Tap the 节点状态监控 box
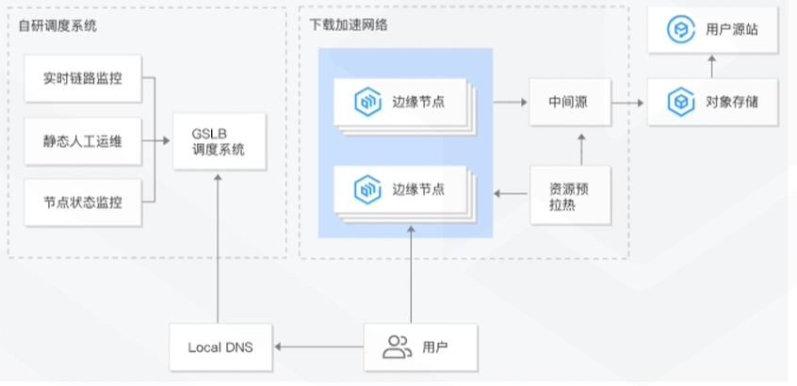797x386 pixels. [x=83, y=201]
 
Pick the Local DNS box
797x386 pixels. [x=218, y=347]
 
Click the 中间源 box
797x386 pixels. [x=569, y=101]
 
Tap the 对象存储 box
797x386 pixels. [x=713, y=101]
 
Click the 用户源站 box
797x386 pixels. [x=713, y=30]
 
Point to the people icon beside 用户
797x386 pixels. [x=397, y=347]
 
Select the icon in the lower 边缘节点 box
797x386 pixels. [x=367, y=189]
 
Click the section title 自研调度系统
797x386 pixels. [x=57, y=24]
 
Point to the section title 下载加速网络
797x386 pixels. [x=349, y=24]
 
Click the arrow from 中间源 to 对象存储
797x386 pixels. [x=628, y=101]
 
